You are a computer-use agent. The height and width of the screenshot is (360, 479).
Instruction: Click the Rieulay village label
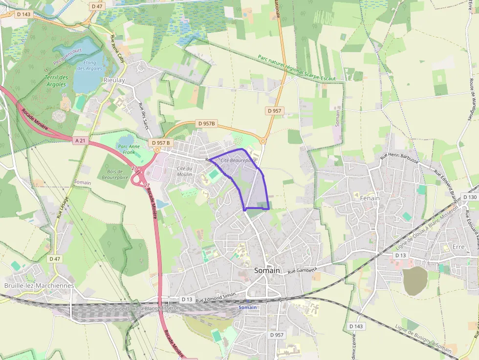[114, 80]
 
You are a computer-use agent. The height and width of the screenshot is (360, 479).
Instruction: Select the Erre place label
[458, 247]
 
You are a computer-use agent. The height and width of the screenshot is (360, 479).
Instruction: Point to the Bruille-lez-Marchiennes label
[39, 285]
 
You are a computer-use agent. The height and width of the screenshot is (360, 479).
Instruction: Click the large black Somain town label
[267, 270]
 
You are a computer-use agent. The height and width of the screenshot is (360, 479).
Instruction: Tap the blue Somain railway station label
[248, 307]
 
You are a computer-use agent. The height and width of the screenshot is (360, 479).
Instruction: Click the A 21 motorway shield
[81, 141]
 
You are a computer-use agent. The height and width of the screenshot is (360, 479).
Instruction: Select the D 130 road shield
[469, 197]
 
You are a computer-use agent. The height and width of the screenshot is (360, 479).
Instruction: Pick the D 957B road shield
[205, 124]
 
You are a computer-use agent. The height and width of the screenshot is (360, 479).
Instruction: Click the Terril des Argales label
[56, 81]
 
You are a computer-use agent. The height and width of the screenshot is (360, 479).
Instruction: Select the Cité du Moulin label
[184, 171]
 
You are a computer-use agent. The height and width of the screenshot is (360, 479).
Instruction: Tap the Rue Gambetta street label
[303, 270]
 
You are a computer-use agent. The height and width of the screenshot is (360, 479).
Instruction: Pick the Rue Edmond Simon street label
[216, 297]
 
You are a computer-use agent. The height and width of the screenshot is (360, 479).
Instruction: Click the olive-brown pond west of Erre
[415, 281]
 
